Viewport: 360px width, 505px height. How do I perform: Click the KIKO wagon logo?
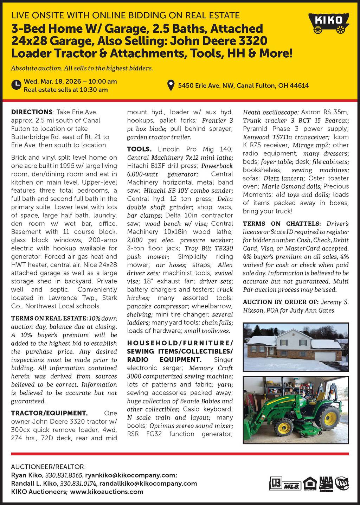(x=329, y=23)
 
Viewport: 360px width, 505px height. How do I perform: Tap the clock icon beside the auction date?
(x=16, y=85)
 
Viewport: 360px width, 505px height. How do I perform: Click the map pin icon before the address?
(x=171, y=85)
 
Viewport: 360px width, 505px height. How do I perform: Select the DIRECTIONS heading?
(x=32, y=112)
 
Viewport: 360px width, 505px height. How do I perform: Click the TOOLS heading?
(x=139, y=149)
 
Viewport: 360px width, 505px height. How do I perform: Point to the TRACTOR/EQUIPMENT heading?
(x=49, y=413)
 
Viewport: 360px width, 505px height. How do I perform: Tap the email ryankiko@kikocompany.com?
(x=130, y=475)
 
